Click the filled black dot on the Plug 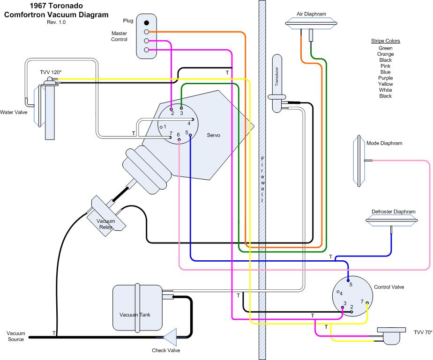pos(147,22)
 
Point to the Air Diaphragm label pos(311,14)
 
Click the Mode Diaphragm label pos(384,143)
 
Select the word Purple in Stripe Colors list pos(385,78)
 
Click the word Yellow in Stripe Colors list pos(385,84)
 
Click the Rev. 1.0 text pos(56,22)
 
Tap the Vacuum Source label pos(15,336)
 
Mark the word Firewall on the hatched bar pos(262,178)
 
